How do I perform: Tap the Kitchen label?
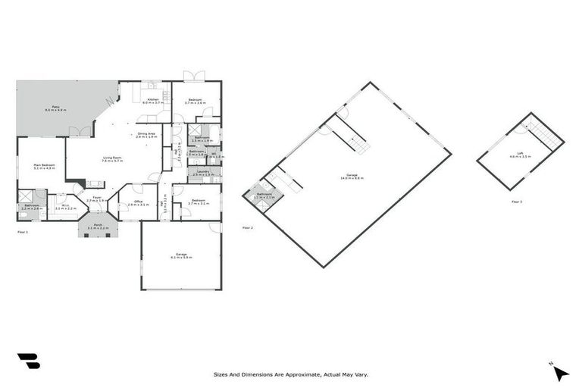pos(153,100)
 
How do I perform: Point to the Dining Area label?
pos(146,135)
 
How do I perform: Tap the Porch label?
pos(98,226)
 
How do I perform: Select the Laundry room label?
pos(202,172)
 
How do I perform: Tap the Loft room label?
pos(521,154)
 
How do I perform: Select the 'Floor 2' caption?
pos(247,227)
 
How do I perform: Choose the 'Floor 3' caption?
pos(517,202)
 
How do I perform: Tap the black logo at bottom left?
pos(28,361)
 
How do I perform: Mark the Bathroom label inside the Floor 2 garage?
pos(264,196)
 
